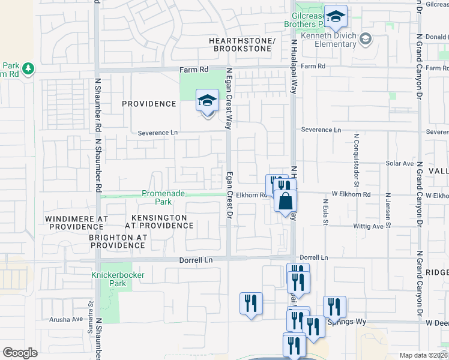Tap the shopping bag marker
(x=285, y=200)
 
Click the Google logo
(x=20, y=352)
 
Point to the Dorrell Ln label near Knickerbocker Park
(x=196, y=260)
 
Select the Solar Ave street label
(x=400, y=163)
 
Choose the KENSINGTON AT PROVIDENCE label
(x=159, y=221)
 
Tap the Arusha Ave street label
(x=69, y=319)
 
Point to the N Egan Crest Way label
(x=228, y=99)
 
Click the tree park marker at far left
(x=28, y=70)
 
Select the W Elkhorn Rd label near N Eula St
(x=351, y=194)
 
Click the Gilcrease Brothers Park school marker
(x=337, y=19)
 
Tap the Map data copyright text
(x=424, y=355)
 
